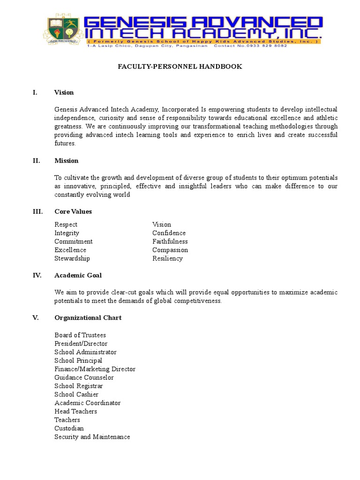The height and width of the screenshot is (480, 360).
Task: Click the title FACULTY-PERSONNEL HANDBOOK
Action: (180, 67)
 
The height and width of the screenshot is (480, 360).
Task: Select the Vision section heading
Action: (64, 92)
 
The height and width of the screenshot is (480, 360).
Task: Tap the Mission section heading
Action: (66, 161)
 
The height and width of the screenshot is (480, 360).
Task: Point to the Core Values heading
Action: (73, 211)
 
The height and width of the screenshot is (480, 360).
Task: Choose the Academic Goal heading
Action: (78, 275)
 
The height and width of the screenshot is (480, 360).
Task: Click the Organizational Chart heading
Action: (88, 318)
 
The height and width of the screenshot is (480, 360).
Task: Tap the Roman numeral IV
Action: (37, 275)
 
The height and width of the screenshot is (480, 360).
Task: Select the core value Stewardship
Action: (72, 258)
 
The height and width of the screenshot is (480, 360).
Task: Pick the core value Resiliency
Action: (167, 258)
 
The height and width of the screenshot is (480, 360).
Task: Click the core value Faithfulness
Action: (170, 241)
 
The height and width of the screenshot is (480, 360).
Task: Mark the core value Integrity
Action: (67, 233)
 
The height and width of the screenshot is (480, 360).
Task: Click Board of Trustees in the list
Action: (80, 335)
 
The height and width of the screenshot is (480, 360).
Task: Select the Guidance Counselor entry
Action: (84, 377)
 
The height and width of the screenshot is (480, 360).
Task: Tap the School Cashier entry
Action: (76, 394)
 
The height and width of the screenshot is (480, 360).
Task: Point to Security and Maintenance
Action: (92, 436)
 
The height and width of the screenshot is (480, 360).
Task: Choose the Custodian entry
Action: (69, 428)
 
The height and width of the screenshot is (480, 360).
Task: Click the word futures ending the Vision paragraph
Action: (65, 143)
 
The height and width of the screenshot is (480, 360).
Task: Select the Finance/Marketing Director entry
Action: (95, 369)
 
